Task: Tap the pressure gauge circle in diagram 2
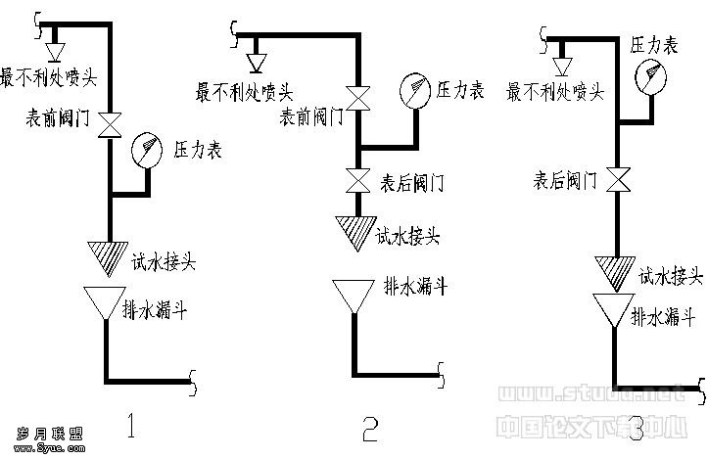(415, 90)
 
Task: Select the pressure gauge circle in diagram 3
(648, 76)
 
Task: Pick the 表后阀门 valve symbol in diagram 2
(356, 181)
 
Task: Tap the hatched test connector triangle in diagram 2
(352, 233)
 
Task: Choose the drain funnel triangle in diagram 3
(615, 310)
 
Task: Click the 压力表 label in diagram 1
(198, 151)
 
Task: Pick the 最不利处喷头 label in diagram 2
(245, 93)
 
